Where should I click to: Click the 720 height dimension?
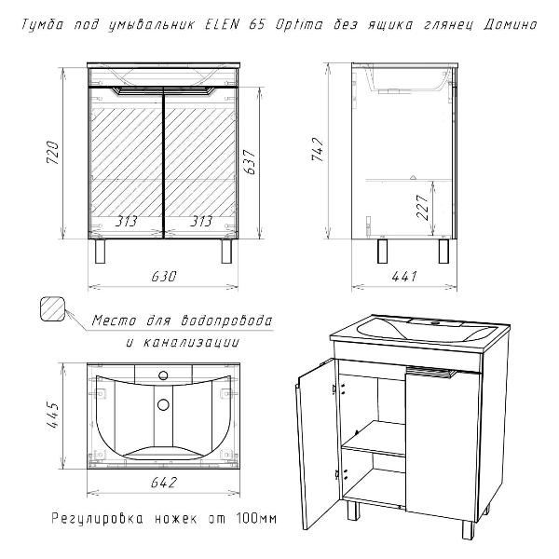(53, 152)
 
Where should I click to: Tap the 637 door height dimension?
(251, 162)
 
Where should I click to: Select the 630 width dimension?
(164, 277)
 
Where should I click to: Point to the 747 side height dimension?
(318, 149)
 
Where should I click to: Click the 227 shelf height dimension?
(422, 207)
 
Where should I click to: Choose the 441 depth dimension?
(404, 277)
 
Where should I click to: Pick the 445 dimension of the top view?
(53, 415)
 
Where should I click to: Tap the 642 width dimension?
(164, 483)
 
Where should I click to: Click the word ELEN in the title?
(222, 24)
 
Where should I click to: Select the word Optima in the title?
(299, 25)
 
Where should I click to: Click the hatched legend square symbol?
(53, 309)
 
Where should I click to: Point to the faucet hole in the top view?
(163, 375)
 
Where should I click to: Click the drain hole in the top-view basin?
(163, 404)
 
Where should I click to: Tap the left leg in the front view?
(101, 252)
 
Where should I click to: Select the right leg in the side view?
(443, 252)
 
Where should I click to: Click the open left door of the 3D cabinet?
(316, 441)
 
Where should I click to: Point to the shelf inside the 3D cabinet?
(375, 439)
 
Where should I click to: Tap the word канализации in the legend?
(191, 343)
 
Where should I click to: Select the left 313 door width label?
(126, 222)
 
